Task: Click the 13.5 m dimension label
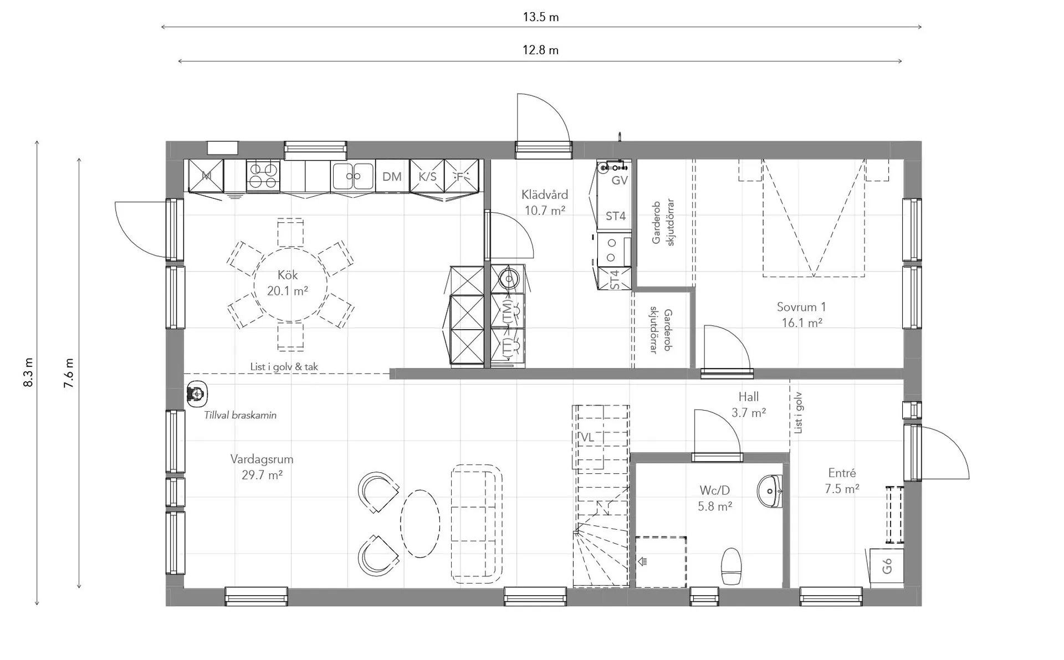tap(540, 17)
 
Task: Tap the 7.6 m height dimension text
tap(69, 373)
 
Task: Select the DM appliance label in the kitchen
tap(392, 177)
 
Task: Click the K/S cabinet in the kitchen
tap(427, 177)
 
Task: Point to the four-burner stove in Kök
tap(263, 176)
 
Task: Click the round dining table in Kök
tap(290, 284)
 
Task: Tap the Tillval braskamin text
tap(240, 415)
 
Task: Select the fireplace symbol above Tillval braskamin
tap(196, 393)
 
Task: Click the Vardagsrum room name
tap(262, 459)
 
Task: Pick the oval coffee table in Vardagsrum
tap(420, 523)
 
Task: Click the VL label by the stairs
tap(587, 438)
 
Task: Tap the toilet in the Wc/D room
tap(731, 566)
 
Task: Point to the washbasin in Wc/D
tap(770, 491)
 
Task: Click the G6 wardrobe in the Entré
tap(887, 566)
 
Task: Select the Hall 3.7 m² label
tap(749, 405)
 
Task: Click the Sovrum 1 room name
tap(801, 307)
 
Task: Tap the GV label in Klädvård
tap(620, 180)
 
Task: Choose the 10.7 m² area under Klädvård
tap(545, 211)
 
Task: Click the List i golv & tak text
tap(284, 367)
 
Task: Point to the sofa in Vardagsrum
tap(477, 524)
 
